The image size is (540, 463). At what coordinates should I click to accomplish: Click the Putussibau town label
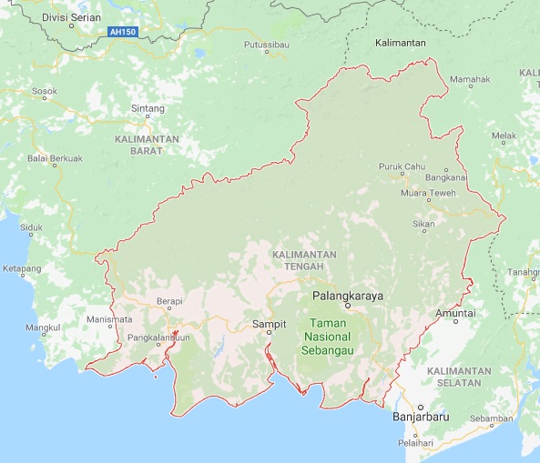pyautogui.click(x=265, y=44)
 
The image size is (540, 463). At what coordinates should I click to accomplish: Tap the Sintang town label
pyautogui.click(x=148, y=108)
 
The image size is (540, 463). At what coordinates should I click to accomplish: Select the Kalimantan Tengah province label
pyautogui.click(x=304, y=260)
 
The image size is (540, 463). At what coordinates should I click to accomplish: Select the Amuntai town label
pyautogui.click(x=456, y=313)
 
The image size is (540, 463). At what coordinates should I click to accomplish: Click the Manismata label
pyautogui.click(x=109, y=319)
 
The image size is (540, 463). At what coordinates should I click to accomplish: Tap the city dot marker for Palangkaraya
pyautogui.click(x=348, y=307)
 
